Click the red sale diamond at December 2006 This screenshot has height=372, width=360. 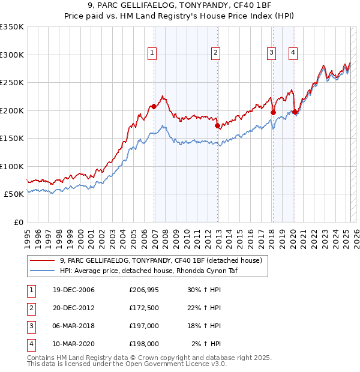pyautogui.click(x=154, y=107)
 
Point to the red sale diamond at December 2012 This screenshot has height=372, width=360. pyautogui.click(x=218, y=126)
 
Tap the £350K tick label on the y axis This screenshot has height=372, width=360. pyautogui.click(x=12, y=27)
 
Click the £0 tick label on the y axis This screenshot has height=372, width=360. pyautogui.click(x=17, y=222)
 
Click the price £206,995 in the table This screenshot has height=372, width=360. pyautogui.click(x=143, y=290)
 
